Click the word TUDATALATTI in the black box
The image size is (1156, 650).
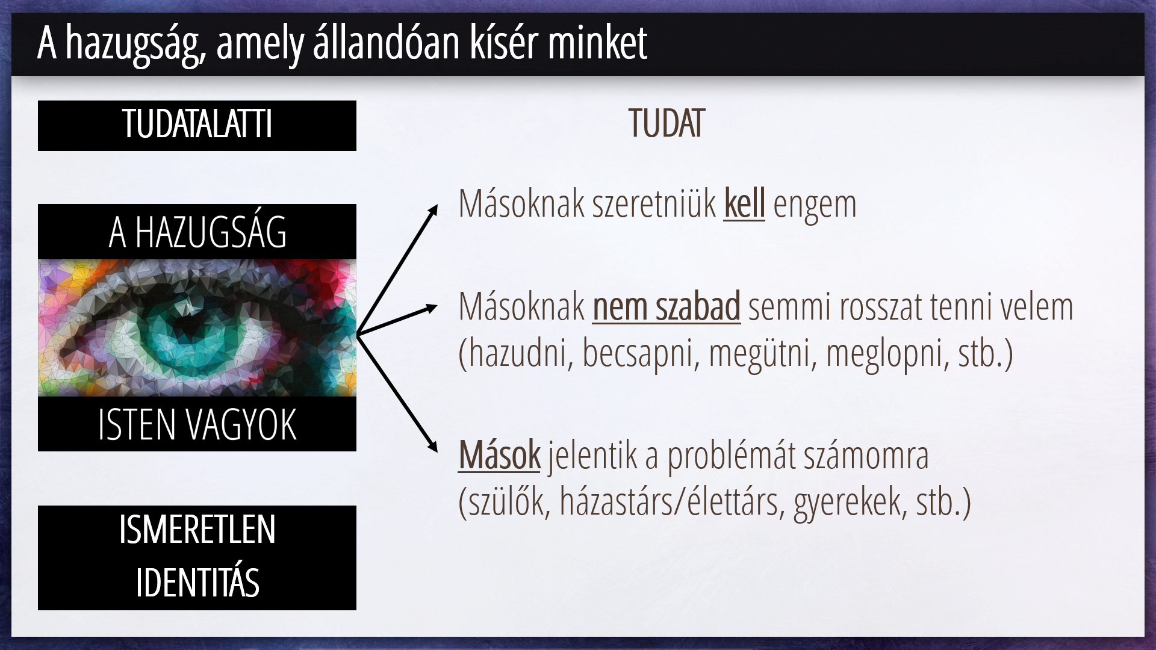197,124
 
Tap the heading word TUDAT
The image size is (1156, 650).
666,124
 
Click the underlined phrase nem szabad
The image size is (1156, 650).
667,306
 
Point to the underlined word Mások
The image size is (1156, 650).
500,455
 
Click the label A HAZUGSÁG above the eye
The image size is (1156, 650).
197,232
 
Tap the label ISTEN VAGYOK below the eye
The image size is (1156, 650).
197,425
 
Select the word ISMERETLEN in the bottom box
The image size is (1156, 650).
197,530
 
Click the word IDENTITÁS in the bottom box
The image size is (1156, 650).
197,582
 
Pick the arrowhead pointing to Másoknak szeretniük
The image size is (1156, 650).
432,210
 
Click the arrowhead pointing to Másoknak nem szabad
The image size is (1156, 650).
430,309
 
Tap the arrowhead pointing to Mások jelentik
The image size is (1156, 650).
432,446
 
